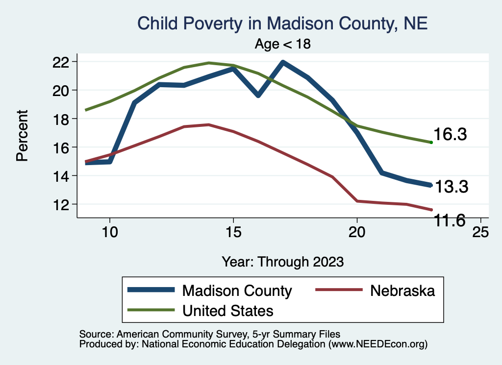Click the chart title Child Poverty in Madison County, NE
coord(283,24)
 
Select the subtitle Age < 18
coord(283,44)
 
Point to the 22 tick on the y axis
coord(64,62)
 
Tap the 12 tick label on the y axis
coord(64,204)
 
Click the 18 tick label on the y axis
coord(64,119)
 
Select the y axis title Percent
coord(22,136)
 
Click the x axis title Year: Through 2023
coord(283,261)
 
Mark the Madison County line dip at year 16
coord(258,95)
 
